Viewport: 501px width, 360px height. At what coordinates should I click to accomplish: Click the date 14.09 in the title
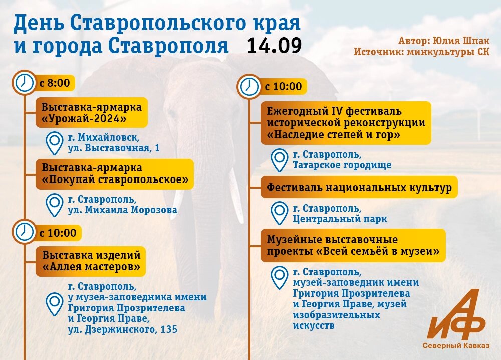point(274,45)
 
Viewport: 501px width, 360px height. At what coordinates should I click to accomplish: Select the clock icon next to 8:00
point(24,82)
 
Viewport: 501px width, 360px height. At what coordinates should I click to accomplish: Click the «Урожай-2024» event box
point(91,113)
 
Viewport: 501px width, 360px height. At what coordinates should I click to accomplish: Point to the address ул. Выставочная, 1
point(114,148)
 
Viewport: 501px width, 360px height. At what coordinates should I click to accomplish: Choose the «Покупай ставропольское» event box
point(115,174)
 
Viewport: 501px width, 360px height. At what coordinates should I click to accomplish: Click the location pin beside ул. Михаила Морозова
point(54,204)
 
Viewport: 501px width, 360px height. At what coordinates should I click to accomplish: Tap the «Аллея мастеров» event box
point(91,261)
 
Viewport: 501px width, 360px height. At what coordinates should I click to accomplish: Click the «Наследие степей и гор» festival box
point(346,123)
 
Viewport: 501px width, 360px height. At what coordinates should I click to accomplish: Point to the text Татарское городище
point(342,165)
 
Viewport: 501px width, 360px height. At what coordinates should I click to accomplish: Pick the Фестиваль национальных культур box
point(359,188)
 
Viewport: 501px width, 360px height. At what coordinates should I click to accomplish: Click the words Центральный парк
point(340,219)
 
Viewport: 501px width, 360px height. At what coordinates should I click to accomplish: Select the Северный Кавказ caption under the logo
point(456,346)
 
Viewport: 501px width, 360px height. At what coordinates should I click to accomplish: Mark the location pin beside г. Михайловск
point(54,143)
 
